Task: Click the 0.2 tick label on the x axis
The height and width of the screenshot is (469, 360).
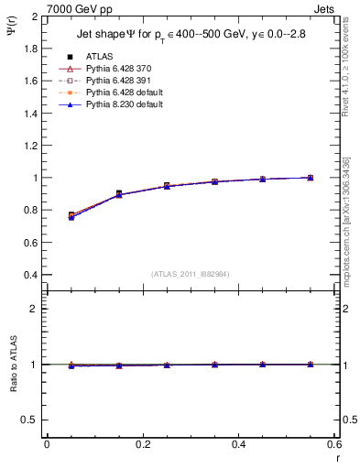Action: point(142,444)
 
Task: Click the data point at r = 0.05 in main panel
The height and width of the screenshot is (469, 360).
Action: point(71,216)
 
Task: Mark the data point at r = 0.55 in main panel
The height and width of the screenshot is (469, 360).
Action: point(310,178)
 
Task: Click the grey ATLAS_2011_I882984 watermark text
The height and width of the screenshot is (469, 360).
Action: point(190,274)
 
